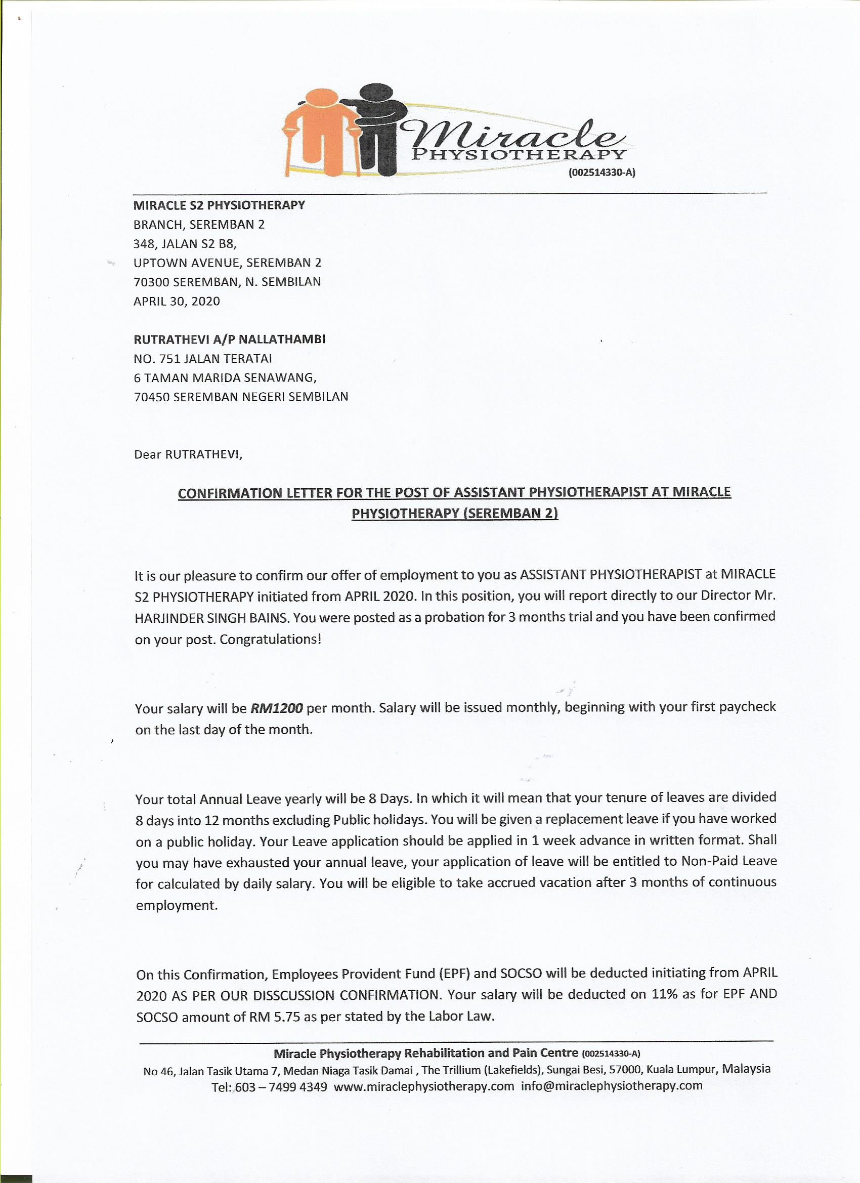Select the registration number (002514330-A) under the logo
(x=601, y=174)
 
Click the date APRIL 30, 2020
(x=177, y=301)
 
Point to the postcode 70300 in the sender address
(x=152, y=282)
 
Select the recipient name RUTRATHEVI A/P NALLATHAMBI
(x=230, y=339)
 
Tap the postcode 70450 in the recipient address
(x=152, y=396)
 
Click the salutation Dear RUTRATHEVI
(x=189, y=454)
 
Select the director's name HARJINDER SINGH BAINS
(x=211, y=618)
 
